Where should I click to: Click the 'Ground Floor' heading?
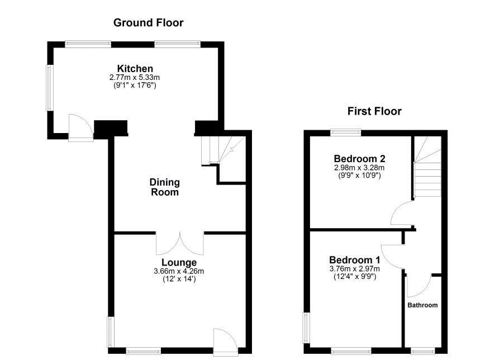click(149, 23)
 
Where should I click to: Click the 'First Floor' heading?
click(374, 111)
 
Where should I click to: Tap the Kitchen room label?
click(135, 69)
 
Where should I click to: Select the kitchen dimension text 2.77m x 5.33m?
click(135, 77)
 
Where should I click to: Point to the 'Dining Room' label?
click(164, 187)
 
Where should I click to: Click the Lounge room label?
click(179, 262)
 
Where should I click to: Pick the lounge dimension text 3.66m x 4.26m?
click(179, 271)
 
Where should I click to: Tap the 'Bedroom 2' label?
click(359, 159)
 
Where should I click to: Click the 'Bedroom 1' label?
click(355, 260)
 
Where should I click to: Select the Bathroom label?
click(422, 305)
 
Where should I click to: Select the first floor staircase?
click(427, 167)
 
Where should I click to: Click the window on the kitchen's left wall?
click(50, 88)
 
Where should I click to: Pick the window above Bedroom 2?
click(346, 132)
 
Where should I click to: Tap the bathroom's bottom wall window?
click(423, 350)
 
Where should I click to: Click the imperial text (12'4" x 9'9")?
click(355, 277)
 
